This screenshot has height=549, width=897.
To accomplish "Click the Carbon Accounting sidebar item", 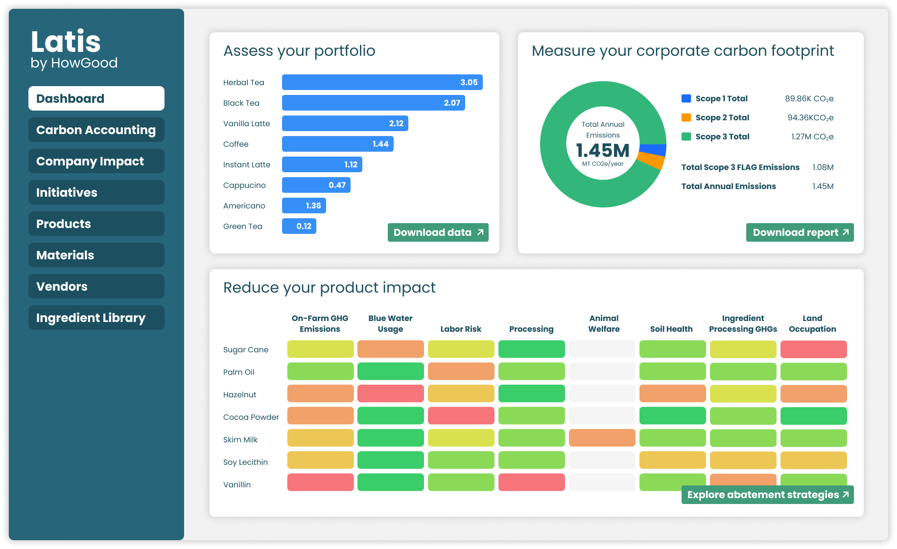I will coord(96,130).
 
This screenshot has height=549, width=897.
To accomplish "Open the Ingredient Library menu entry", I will coord(96,318).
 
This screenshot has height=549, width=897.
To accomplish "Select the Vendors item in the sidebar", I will coord(96,287).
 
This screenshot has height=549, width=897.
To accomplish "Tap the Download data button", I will coord(438,232).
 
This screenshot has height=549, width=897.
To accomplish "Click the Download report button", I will coord(800,232).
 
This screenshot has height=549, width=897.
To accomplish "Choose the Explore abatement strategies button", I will coord(767,495).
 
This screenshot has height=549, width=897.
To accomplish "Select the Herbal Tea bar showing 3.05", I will coord(382,82).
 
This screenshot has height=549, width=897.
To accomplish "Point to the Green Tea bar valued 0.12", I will coord(299,226).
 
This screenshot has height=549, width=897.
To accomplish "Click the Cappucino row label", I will coord(244,185).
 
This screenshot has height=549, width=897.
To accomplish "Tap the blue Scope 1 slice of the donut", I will coord(653,150).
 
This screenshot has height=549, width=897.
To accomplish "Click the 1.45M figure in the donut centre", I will coord(603,150).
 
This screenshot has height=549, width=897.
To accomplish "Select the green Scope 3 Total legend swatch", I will coord(686,137).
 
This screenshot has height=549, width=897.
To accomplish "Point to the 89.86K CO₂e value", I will coord(809,99).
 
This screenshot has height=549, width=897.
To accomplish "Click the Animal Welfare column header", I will coord(604,324).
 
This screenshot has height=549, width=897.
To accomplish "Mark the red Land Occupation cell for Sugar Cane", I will coord(813,349).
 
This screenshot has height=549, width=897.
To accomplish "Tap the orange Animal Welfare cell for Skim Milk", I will coord(602,438).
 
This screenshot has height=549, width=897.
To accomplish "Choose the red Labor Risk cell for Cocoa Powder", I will coord(461,415).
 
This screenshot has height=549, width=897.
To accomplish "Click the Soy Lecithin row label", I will coord(245,462).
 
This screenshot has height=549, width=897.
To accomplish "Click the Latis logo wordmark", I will coord(66,42).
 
